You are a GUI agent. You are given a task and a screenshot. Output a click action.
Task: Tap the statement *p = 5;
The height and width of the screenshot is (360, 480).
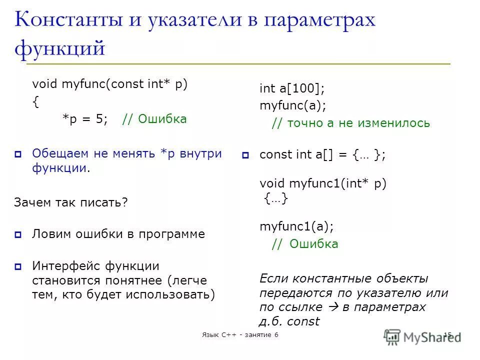point(85,119)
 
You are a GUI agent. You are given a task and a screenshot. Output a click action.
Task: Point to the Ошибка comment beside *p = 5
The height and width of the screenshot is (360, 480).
point(154,119)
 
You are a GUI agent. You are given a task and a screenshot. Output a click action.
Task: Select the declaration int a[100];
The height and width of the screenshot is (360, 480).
point(292,89)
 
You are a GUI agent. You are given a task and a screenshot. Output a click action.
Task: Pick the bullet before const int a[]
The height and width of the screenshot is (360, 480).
point(245,155)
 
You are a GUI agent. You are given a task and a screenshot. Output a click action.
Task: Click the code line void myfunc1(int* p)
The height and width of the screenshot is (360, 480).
point(323,183)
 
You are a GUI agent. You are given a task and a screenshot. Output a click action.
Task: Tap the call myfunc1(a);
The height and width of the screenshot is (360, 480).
point(296,226)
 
